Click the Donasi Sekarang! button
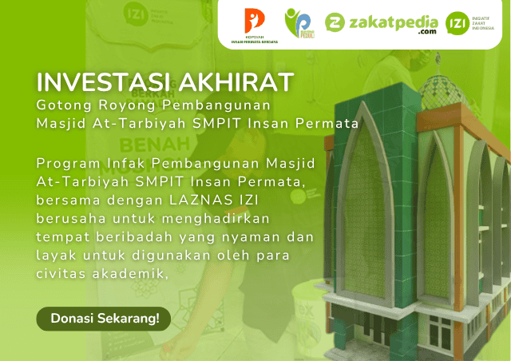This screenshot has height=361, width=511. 104,318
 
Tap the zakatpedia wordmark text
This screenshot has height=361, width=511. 391,22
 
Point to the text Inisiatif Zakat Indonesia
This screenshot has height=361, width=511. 487,24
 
